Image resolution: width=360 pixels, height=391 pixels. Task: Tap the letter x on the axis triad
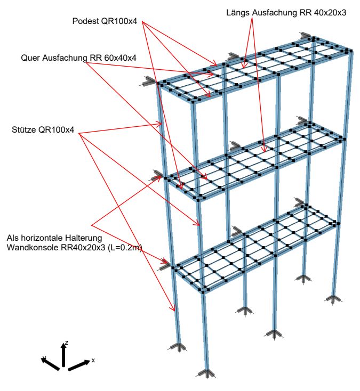[x=93, y=360]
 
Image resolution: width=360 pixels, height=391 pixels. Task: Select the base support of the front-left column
[x=178, y=347]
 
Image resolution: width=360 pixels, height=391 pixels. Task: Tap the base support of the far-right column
[x=333, y=298]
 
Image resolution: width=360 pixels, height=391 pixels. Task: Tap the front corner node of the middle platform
[x=198, y=199]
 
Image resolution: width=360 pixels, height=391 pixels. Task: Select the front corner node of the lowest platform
[x=204, y=291]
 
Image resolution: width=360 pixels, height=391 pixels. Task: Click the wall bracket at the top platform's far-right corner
[x=306, y=36]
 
